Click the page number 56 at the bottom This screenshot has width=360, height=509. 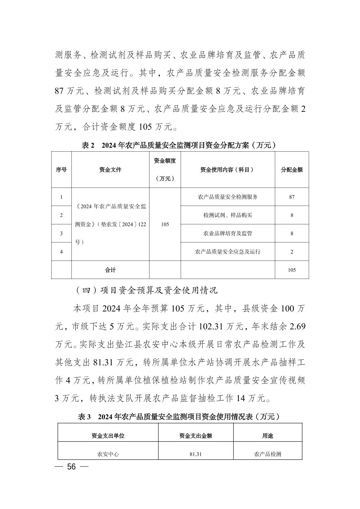coord(71,467)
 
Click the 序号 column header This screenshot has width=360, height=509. coord(61,170)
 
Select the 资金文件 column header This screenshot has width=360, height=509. coord(110,170)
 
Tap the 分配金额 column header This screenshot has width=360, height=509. coord(292,170)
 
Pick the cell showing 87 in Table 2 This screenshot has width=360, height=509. coord(292,197)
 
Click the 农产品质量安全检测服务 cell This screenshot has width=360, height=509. coord(228,197)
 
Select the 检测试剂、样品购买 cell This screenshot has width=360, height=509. coord(228,215)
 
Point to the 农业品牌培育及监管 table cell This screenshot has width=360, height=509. coord(228,233)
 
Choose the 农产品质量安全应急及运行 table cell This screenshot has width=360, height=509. coord(228,251)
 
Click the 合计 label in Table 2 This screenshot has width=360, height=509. coord(110,270)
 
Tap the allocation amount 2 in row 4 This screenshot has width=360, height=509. coord(292,251)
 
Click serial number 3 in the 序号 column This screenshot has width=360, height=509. coord(61,233)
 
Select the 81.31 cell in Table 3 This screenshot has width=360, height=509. coord(195,454)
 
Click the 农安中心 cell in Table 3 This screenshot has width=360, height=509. coord(108,454)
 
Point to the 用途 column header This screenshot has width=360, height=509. coord(267,436)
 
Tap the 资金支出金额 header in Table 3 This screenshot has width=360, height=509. coord(195,436)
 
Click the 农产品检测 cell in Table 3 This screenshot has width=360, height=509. coord(267,454)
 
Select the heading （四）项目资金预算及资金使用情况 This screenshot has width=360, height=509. coord(146,290)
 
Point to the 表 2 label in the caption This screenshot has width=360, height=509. coord(88,145)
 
